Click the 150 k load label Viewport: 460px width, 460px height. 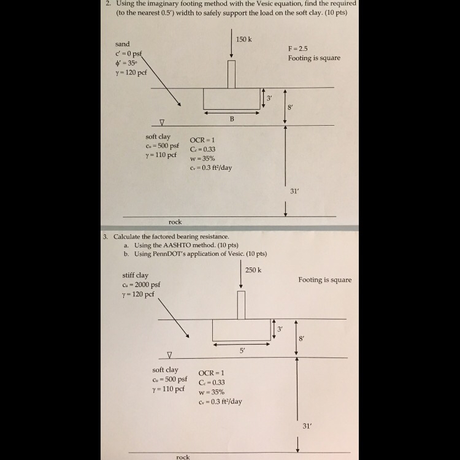pyautogui.click(x=243, y=39)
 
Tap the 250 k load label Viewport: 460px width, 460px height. pyautogui.click(x=253, y=270)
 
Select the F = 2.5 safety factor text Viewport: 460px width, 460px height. pyautogui.click(x=297, y=48)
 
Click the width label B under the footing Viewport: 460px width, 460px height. pyautogui.click(x=232, y=119)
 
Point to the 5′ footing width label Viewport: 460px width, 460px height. pyautogui.click(x=242, y=350)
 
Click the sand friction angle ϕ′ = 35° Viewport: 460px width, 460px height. pyautogui.click(x=126, y=63)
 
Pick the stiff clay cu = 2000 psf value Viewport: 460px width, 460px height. pyautogui.click(x=142, y=285)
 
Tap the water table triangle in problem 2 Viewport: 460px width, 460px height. pyautogui.click(x=162, y=122)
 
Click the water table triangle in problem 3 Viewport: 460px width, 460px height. pyautogui.click(x=169, y=355)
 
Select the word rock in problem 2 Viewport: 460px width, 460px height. pyautogui.click(x=175, y=222)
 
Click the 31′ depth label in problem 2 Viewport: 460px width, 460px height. pyautogui.click(x=294, y=191)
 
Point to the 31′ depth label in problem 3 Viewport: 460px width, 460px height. pyautogui.click(x=307, y=426)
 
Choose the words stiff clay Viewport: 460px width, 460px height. pyautogui.click(x=136, y=275)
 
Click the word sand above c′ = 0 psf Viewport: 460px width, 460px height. pyautogui.click(x=122, y=44)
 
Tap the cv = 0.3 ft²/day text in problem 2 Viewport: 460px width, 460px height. pyautogui.click(x=211, y=168)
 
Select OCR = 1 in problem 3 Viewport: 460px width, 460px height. pyautogui.click(x=211, y=373)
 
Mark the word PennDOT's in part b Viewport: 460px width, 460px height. pyautogui.click(x=169, y=254)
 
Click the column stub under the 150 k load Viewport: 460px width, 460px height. pyautogui.click(x=231, y=74)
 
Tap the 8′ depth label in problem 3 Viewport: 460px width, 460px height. pyautogui.click(x=301, y=339)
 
